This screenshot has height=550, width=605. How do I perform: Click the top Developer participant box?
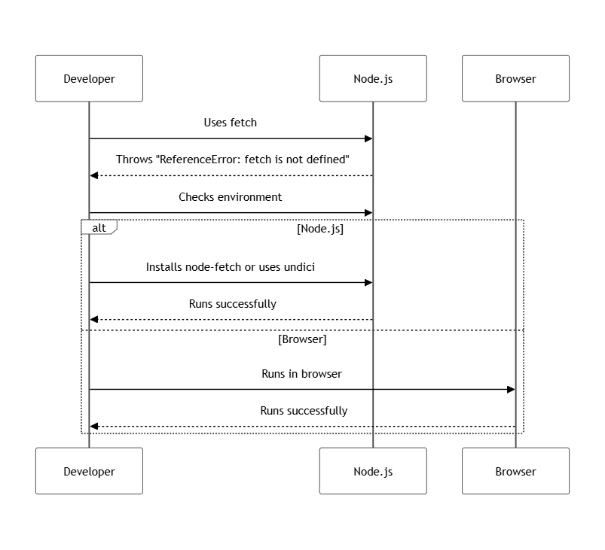pos(89,78)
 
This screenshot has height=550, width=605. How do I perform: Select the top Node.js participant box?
pos(373,78)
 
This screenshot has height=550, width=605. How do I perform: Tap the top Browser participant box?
pos(515,78)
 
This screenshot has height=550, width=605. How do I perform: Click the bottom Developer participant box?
pos(89,471)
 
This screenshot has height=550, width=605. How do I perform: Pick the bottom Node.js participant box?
pos(373,471)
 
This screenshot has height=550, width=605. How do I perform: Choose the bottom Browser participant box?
pos(515,471)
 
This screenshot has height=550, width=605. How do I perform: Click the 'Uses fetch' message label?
pos(231,123)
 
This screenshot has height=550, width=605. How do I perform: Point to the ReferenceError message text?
pos(232,160)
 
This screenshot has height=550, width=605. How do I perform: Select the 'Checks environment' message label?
pos(231,197)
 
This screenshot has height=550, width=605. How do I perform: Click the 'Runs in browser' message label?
pos(302,374)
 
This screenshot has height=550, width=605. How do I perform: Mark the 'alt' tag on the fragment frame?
pos(99,227)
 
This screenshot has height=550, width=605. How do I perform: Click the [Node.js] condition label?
pos(320,229)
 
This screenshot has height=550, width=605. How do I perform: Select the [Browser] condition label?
pos(302,339)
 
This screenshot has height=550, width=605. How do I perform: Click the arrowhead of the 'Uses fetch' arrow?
pos(369,138)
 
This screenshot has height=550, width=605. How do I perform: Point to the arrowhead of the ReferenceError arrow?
pos(93,175)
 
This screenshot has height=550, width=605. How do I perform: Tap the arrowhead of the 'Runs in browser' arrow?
pos(511,390)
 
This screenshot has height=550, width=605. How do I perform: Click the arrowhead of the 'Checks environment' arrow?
pos(369,213)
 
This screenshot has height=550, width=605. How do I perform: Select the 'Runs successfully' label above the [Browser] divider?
pos(232,304)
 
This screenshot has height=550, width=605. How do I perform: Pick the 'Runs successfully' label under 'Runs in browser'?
pos(304,411)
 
